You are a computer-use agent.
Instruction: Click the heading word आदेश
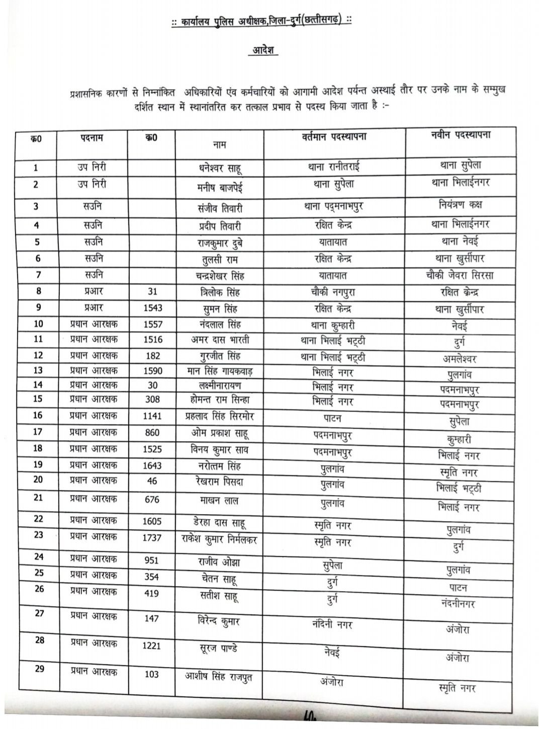(x=263, y=51)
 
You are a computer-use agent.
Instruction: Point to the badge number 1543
(x=152, y=307)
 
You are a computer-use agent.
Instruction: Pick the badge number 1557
(x=152, y=324)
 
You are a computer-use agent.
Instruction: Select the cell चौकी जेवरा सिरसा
(x=458, y=275)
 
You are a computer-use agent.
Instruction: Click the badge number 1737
(x=152, y=538)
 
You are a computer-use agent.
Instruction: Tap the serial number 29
(x=39, y=669)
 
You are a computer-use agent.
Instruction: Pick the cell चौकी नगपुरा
(x=333, y=291)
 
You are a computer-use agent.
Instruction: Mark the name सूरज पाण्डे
(x=219, y=647)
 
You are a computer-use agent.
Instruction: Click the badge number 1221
(x=151, y=645)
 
